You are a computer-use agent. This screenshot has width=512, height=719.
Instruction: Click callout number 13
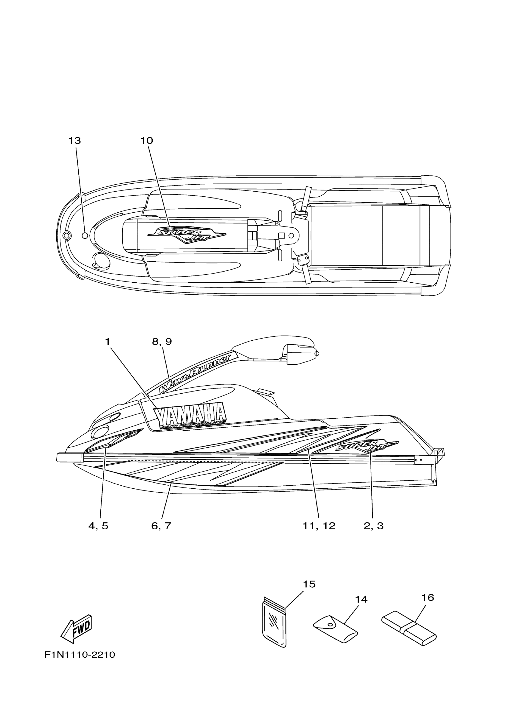click(x=75, y=141)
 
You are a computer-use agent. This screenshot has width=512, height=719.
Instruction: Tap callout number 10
click(x=147, y=141)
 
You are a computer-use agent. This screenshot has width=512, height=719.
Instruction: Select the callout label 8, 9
click(x=162, y=342)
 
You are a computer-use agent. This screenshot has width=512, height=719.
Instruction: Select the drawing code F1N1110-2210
click(x=80, y=655)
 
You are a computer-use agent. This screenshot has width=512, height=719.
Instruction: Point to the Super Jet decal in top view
click(x=187, y=235)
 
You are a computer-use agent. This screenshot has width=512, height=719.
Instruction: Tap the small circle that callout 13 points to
click(x=85, y=235)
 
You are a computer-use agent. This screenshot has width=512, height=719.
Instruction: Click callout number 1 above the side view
click(x=108, y=342)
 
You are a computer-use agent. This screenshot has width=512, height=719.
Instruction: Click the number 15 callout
click(x=309, y=584)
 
